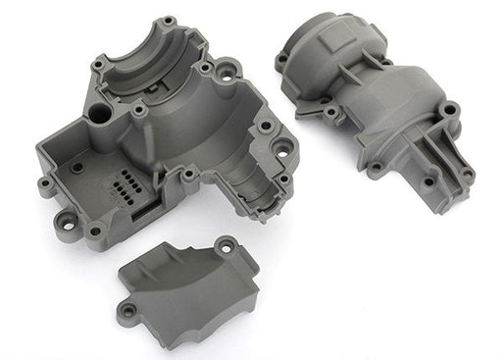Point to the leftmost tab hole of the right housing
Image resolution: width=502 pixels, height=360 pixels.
point(281,58)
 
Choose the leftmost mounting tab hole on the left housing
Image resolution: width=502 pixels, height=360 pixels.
point(45,183)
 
